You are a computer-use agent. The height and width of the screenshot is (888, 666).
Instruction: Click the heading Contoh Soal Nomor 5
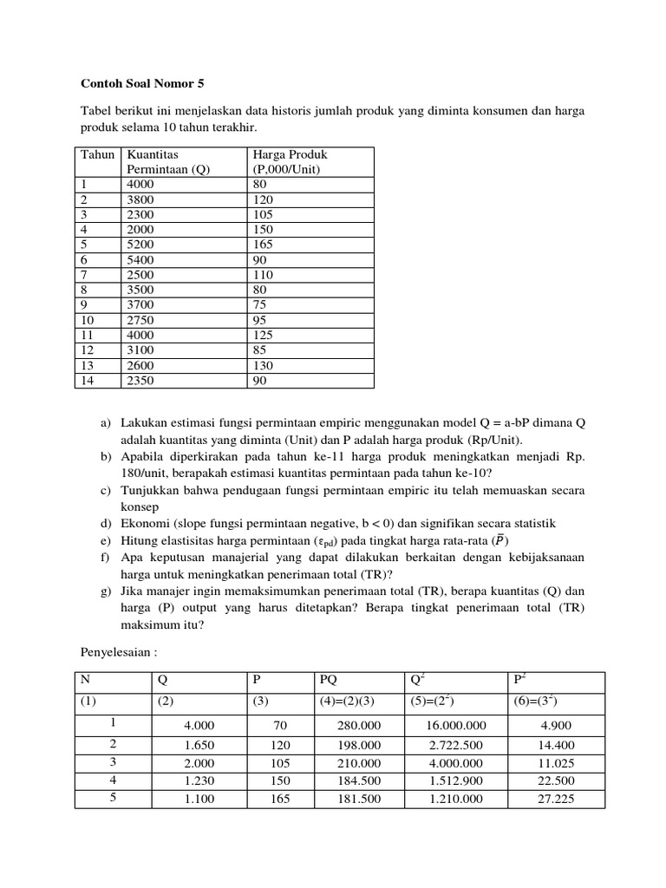(x=144, y=84)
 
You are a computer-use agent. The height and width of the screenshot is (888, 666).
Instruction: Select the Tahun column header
(x=98, y=154)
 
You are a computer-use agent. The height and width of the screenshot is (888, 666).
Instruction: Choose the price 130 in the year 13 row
(x=263, y=365)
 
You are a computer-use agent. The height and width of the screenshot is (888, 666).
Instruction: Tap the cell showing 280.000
(x=359, y=726)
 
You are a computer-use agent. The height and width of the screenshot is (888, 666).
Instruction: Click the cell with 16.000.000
(x=456, y=726)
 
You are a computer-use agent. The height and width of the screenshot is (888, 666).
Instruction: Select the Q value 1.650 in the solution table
(x=199, y=745)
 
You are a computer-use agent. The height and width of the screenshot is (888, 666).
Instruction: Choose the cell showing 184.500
(x=359, y=781)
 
